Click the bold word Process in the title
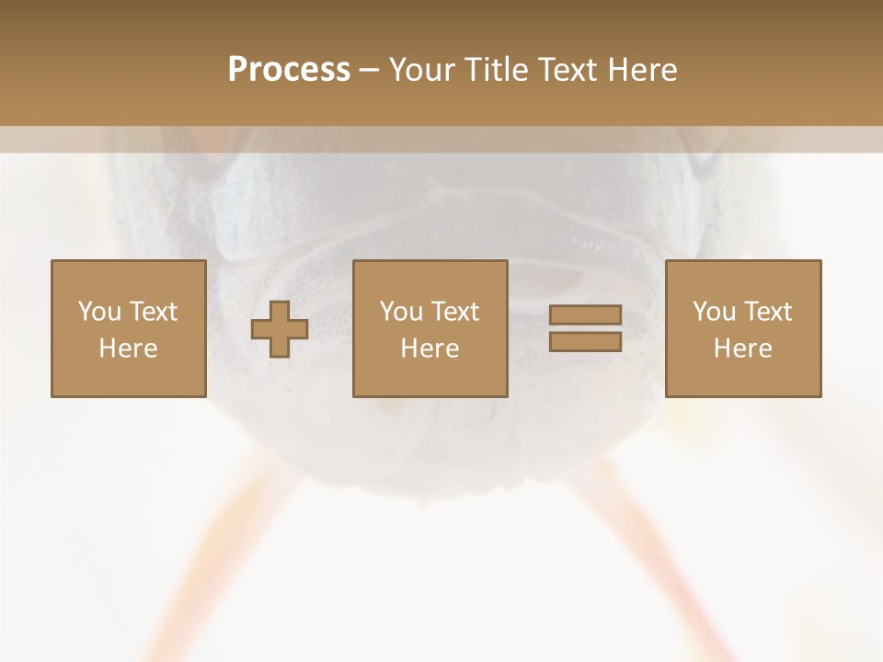(289, 70)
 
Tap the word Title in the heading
(497, 70)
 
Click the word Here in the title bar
(644, 70)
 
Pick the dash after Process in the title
(370, 71)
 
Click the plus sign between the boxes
(280, 329)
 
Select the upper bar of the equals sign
(585, 315)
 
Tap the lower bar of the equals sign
(585, 341)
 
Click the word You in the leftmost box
(98, 312)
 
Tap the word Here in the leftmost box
(128, 348)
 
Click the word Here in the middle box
(430, 348)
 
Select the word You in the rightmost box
(714, 312)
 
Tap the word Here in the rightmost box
(742, 348)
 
